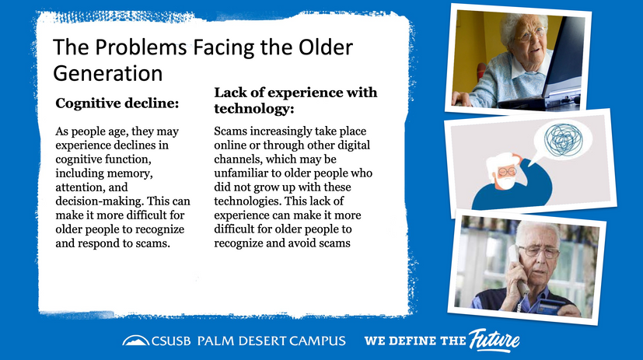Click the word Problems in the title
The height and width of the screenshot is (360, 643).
click(141, 47)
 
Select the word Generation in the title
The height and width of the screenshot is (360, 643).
click(108, 74)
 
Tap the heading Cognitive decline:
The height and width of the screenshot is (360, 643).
click(117, 103)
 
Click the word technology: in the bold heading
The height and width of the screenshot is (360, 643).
click(254, 109)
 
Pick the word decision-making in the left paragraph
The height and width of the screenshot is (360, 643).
click(100, 201)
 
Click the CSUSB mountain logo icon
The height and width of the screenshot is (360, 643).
click(136, 341)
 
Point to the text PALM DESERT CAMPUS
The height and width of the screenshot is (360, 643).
click(271, 341)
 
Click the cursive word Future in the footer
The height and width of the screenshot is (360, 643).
click(494, 341)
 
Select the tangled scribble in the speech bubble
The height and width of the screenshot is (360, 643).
click(564, 139)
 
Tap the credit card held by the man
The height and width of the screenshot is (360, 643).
click(550, 306)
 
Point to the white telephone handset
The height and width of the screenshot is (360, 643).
click(516, 268)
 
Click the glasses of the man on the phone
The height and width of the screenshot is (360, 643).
click(539, 251)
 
